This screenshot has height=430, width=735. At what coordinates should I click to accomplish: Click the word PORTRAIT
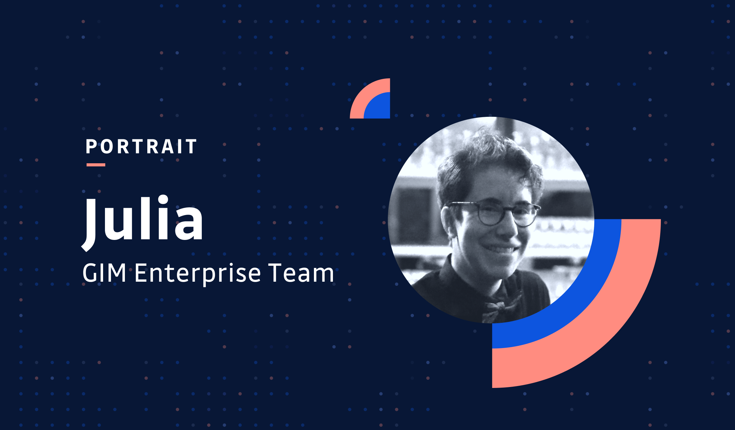point(141,147)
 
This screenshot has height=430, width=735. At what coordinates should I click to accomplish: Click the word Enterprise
point(197,273)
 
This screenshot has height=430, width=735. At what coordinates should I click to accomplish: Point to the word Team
point(301,273)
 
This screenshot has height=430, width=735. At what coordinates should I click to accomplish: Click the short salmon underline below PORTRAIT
point(96,165)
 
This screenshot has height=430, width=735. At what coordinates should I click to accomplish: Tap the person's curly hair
point(486,156)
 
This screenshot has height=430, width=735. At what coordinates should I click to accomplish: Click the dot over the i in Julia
point(163,199)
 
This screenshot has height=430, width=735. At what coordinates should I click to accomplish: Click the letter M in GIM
point(116,273)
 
